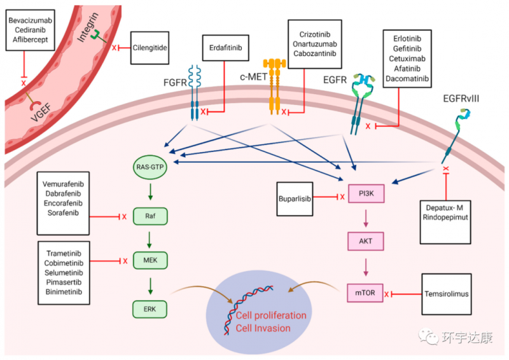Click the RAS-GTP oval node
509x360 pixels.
pos(150,167)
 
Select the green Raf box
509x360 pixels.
pos(150,216)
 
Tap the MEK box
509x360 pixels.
pos(150,261)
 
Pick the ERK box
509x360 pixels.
pos(150,309)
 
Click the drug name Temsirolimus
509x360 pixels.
pos(449,294)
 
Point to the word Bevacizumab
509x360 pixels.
pos(30,21)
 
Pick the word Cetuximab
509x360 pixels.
pos(407,58)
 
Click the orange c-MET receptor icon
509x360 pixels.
pos(275,86)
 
